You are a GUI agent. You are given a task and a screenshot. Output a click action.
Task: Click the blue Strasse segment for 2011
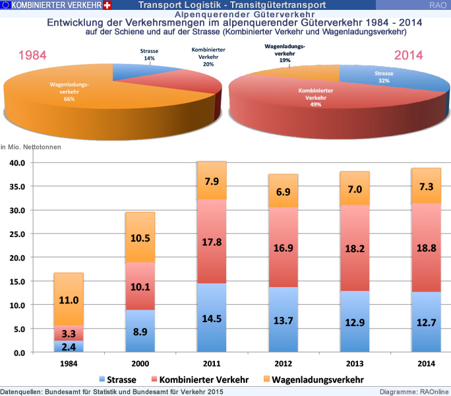[x=207, y=318]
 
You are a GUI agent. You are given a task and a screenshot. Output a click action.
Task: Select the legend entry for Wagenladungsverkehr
[x=317, y=379]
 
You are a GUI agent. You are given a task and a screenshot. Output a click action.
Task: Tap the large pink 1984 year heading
[x=32, y=55]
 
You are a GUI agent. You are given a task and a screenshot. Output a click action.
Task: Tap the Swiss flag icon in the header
[x=107, y=5]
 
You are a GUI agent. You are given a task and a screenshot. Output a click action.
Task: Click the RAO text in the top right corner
[x=437, y=5]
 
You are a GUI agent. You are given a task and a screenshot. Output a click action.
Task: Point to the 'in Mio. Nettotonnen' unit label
[x=31, y=147]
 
